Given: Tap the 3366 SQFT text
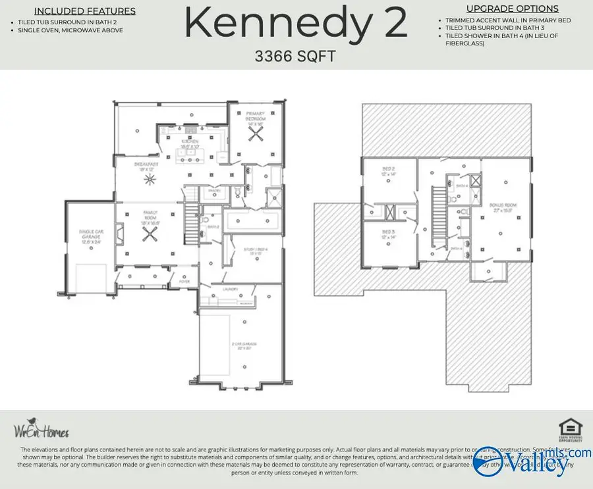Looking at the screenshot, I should click(x=295, y=57).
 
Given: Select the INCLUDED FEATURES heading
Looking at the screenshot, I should click(x=85, y=11).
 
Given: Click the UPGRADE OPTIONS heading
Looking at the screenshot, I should click(x=512, y=9).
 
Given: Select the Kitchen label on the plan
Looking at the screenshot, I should click(x=190, y=141).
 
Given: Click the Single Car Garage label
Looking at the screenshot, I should click(x=92, y=234).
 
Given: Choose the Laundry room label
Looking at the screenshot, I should click(x=229, y=288).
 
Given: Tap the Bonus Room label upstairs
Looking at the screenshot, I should click(x=503, y=208).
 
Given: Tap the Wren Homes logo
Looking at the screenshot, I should click(x=41, y=430).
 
